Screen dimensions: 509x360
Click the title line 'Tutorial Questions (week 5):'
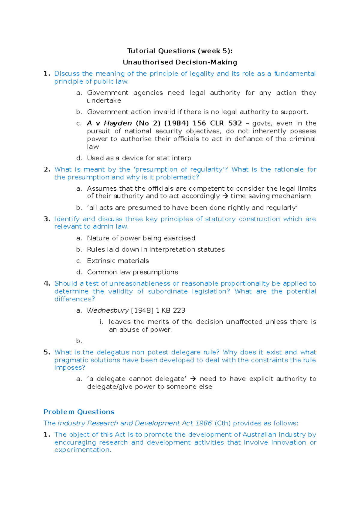pyautogui.click(x=180, y=51)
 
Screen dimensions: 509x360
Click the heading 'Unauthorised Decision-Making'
pyautogui.click(x=180, y=62)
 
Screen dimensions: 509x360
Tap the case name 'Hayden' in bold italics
pyautogui.click(x=118, y=123)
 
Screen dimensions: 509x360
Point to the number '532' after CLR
pyautogui.click(x=235, y=123)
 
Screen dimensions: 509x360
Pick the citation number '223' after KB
pyautogui.click(x=179, y=311)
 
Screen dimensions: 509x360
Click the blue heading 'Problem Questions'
pyautogui.click(x=79, y=412)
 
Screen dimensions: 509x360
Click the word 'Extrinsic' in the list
pyautogui.click(x=101, y=261)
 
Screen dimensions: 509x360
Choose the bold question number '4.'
pyautogui.click(x=47, y=284)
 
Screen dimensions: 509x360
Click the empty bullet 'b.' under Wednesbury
pyautogui.click(x=79, y=341)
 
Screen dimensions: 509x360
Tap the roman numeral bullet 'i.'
pyautogui.click(x=101, y=322)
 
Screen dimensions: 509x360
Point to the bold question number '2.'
pyautogui.click(x=47, y=169)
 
